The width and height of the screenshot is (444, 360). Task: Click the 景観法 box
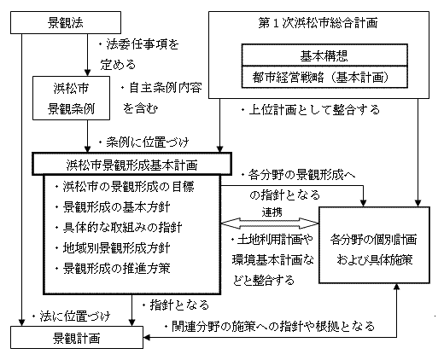coord(67,17)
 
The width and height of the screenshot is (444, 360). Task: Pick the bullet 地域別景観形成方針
coord(120,248)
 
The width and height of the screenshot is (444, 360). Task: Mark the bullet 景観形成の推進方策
coord(120,269)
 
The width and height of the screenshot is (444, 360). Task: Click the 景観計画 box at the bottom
coord(74,337)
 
